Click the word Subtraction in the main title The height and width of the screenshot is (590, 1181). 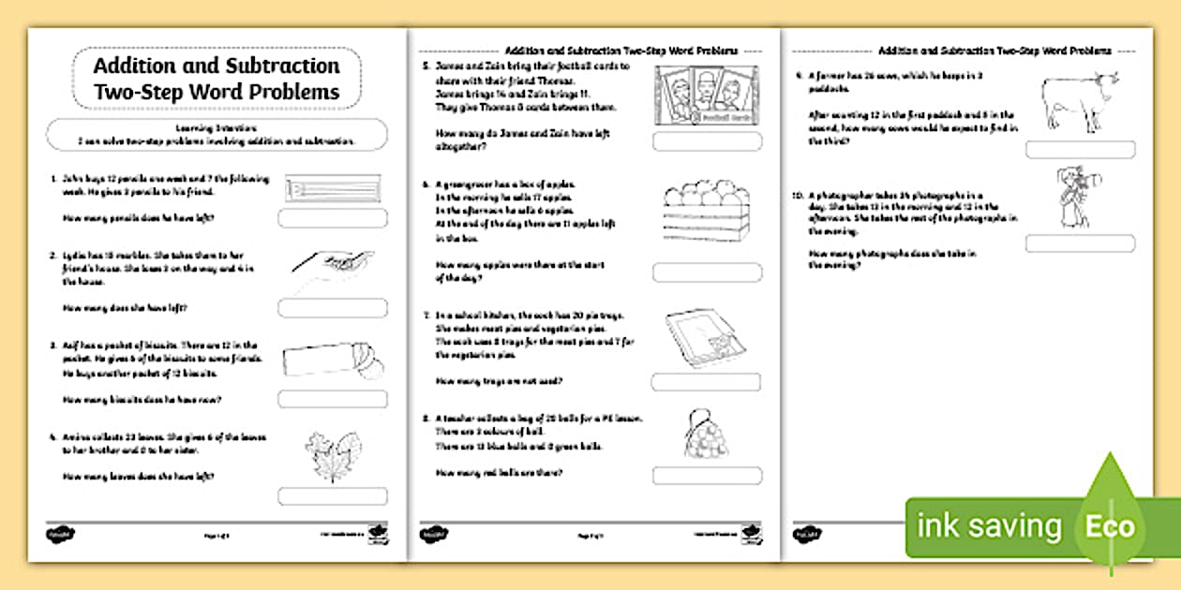click(x=282, y=66)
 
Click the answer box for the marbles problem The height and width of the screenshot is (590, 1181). click(x=332, y=308)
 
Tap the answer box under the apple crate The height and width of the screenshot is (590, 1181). click(x=707, y=273)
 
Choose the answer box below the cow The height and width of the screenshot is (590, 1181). click(x=1080, y=150)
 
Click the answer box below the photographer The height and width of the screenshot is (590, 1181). click(x=1080, y=243)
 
